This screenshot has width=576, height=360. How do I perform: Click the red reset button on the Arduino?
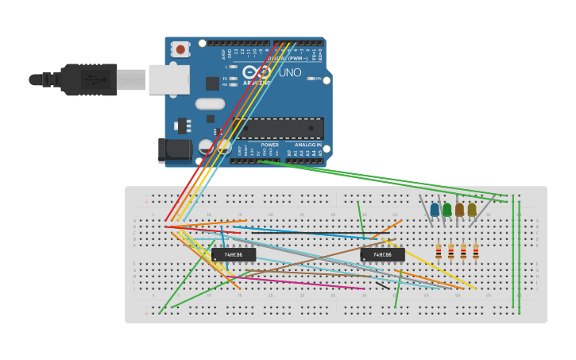tap(180, 49)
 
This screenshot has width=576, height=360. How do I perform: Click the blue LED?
tap(435, 210)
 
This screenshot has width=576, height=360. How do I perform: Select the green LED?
tap(447, 210)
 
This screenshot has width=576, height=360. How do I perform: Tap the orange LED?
tap(459, 210)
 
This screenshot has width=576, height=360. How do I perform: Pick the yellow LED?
tap(472, 210)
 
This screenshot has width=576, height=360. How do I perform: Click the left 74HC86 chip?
tap(234, 255)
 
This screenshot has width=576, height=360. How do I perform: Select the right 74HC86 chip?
tap(382, 255)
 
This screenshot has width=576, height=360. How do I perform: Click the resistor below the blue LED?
tap(439, 252)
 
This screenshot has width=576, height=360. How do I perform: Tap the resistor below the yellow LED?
tap(476, 252)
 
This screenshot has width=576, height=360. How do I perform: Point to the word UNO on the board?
tap(290, 72)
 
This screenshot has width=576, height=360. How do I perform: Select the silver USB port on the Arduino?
tap(168, 79)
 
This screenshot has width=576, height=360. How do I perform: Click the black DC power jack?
tap(174, 149)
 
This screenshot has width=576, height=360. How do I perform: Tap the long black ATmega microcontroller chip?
tap(278, 128)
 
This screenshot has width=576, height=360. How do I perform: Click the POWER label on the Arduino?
tap(270, 145)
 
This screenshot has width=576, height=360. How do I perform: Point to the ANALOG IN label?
tap(308, 145)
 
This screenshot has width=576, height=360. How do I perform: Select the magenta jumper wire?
tap(302, 282)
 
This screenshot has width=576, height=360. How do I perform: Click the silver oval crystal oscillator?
tap(210, 103)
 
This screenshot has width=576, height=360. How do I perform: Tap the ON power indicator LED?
tap(310, 79)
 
